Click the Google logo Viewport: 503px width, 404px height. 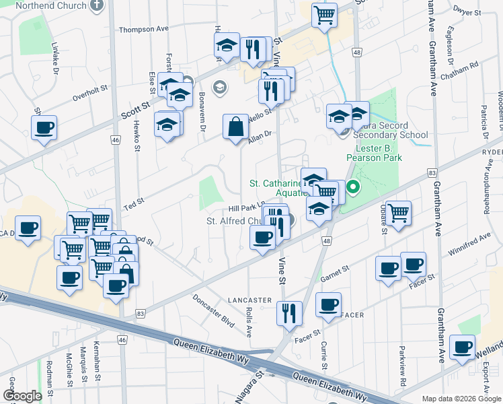(22, 396)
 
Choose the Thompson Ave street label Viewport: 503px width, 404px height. (143, 30)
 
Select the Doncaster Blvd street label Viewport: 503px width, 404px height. (213, 310)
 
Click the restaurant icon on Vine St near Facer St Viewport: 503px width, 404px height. (289, 313)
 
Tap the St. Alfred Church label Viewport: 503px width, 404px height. (237, 221)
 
